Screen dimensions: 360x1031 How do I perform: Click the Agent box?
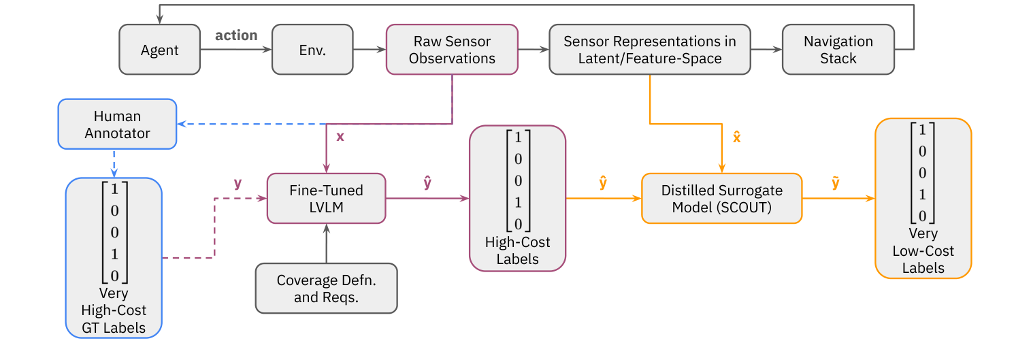[160, 50]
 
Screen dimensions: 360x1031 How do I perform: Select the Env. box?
[312, 50]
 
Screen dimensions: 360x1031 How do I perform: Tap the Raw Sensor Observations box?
[452, 50]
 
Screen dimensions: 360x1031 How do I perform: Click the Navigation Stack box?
[838, 50]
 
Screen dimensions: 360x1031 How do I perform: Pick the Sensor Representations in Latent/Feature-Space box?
[649, 50]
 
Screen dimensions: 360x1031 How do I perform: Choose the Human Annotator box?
[117, 125]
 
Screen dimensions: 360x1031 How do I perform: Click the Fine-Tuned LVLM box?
[326, 199]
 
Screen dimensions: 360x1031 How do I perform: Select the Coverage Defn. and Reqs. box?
[326, 289]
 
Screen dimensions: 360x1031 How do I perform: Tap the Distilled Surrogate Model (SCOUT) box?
[721, 199]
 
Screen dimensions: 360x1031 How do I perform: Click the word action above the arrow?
[236, 35]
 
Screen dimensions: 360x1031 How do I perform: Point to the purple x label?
[340, 136]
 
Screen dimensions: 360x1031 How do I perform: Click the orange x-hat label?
[736, 137]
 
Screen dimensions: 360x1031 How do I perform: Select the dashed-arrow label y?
[238, 183]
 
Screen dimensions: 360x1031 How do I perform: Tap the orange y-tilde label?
[835, 183]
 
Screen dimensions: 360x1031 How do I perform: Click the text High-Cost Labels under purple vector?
[517, 250]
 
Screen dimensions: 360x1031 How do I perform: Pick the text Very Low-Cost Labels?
[923, 250]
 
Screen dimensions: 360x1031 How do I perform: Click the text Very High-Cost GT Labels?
[114, 310]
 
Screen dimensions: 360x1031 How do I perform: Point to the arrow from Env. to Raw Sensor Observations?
[369, 50]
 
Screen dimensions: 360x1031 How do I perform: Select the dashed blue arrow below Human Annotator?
[114, 163]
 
